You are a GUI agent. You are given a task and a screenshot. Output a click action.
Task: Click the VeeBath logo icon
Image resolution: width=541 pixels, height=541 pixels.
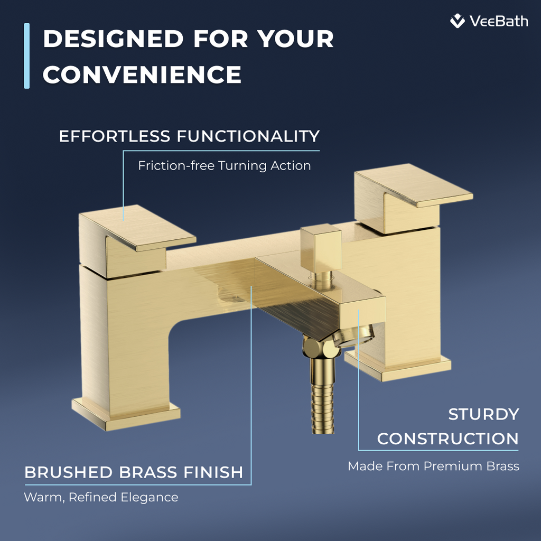click(x=458, y=21)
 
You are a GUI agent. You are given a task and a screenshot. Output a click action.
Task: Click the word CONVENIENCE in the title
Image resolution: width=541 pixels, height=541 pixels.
click(x=142, y=74)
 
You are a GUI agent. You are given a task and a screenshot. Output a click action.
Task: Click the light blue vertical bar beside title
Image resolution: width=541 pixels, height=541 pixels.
click(x=27, y=56)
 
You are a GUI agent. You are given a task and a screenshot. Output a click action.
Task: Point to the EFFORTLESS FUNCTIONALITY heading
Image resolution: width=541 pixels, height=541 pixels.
click(x=189, y=136)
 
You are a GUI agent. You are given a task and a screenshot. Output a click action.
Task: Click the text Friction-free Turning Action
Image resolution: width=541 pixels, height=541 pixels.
click(x=224, y=166)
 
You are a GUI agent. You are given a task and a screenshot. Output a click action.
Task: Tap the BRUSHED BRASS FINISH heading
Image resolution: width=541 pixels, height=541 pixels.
click(x=134, y=472)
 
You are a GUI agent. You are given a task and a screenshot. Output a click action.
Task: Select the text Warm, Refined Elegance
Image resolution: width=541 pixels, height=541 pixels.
click(x=101, y=497)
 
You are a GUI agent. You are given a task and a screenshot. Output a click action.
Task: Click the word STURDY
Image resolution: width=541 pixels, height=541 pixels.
click(x=483, y=415)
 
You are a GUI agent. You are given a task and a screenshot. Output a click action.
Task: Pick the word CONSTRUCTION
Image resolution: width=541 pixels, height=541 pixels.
click(x=447, y=439)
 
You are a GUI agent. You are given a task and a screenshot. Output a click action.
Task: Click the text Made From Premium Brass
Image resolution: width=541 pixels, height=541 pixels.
click(x=433, y=467)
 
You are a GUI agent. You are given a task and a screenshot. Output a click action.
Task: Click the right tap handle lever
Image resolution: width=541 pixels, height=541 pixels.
click(x=412, y=190)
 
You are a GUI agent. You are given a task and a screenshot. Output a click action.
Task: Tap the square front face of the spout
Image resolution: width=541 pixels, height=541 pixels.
click(x=362, y=317)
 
